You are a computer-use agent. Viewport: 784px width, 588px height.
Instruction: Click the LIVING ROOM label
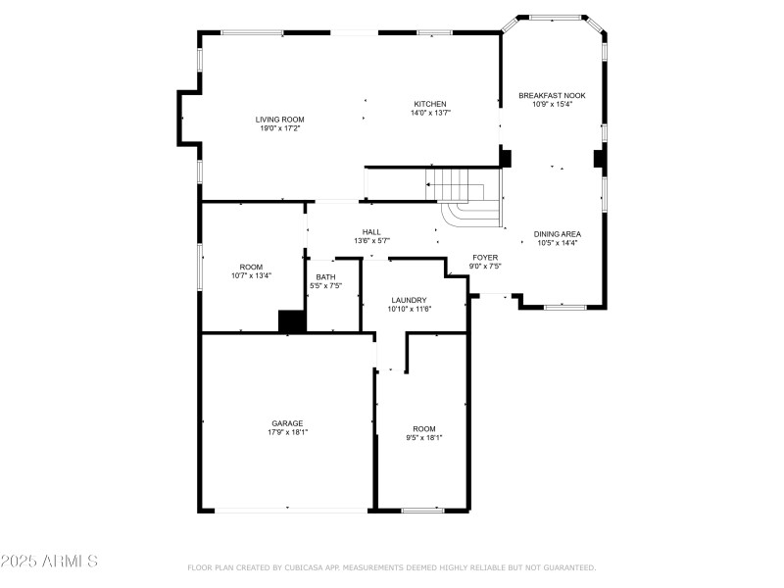tap(280, 120)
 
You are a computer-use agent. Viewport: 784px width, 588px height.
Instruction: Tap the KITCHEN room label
tap(429, 104)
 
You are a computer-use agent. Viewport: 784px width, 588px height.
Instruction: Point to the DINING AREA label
tap(557, 234)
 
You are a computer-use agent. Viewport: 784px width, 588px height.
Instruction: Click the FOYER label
tap(485, 257)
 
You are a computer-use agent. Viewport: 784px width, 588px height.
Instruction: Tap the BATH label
tap(325, 277)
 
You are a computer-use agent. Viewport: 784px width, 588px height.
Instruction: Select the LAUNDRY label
tap(409, 300)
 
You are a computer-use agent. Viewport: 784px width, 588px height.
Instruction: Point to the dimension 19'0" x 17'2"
tap(280, 128)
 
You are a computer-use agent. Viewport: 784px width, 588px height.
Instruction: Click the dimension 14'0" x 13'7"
tap(429, 113)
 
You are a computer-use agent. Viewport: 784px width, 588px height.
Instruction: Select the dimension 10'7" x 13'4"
tap(251, 275)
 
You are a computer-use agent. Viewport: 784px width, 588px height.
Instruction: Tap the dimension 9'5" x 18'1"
tap(423, 437)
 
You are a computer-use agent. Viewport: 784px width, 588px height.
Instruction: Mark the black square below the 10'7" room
tap(292, 321)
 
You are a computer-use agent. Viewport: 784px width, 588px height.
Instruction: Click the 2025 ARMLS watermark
tap(49, 562)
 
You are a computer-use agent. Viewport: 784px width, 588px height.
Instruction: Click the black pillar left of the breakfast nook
tap(506, 158)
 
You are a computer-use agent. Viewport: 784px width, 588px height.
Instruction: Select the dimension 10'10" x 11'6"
tap(409, 309)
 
